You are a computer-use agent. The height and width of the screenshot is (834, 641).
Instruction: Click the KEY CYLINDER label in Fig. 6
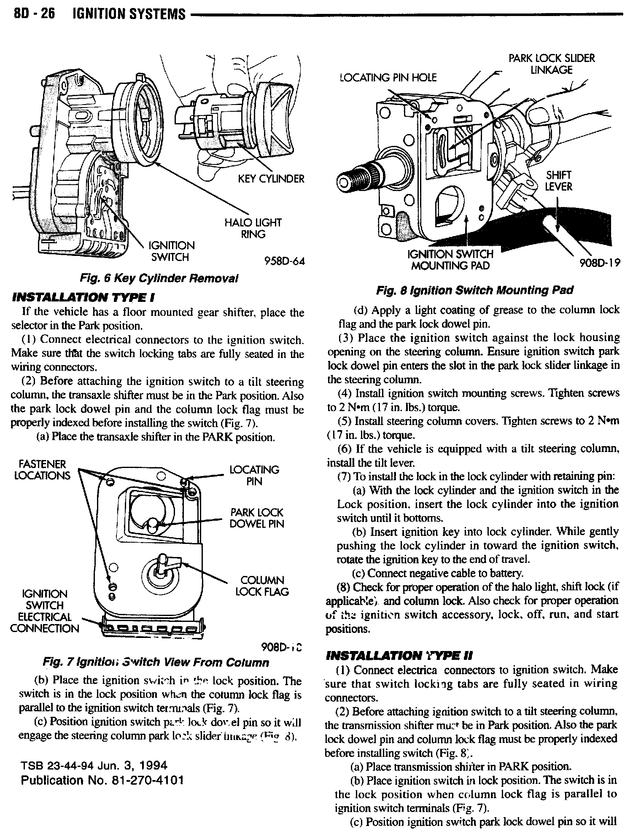coord(271,179)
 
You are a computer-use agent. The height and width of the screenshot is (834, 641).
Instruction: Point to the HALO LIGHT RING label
coord(253,228)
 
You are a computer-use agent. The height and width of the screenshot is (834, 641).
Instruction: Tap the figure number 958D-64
coord(284,261)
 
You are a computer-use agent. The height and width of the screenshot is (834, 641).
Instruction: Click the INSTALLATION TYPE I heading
coord(83,298)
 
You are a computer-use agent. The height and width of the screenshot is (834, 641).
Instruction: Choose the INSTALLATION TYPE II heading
coord(399,656)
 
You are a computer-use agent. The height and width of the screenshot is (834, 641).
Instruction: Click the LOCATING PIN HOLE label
coord(388,77)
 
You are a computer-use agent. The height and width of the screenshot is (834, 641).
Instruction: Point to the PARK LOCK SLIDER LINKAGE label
coord(551,64)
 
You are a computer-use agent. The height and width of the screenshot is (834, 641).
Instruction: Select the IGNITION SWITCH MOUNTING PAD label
coord(450,260)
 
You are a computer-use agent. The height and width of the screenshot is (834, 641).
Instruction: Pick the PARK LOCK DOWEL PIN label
coord(256,518)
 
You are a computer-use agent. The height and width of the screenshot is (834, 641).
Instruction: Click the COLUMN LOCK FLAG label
coord(262,586)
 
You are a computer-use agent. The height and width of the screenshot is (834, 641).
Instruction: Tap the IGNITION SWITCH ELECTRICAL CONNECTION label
coord(44,611)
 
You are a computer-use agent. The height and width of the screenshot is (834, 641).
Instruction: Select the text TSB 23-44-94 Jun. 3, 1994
coord(94,765)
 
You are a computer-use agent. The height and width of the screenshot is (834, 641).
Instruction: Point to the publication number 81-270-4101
coord(102,780)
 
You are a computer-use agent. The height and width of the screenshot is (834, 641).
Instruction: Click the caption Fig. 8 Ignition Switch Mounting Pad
coord(474,291)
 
